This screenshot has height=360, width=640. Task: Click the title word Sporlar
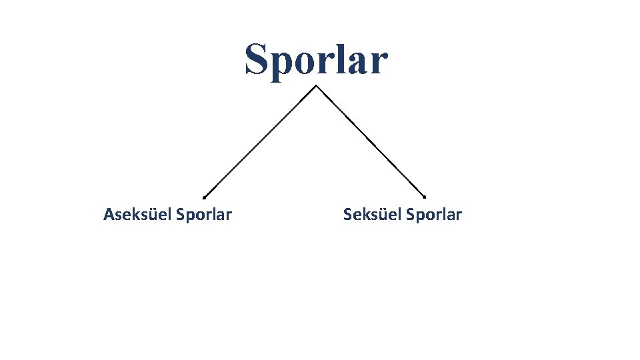tap(315, 59)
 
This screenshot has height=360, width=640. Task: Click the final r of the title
tap(378, 63)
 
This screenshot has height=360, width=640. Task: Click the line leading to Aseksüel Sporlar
tap(260, 141)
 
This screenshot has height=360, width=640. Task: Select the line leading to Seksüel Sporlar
tap(371, 141)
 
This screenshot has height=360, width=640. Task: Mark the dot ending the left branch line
tap(204, 197)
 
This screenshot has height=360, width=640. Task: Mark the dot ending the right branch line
tap(425, 197)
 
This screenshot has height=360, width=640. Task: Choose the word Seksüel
tap(372, 215)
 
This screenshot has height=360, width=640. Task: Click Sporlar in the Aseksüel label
tap(204, 215)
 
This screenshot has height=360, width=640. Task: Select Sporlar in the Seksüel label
tap(433, 215)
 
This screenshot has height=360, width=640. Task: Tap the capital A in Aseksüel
tap(109, 215)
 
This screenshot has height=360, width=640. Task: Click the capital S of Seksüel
tap(347, 215)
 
